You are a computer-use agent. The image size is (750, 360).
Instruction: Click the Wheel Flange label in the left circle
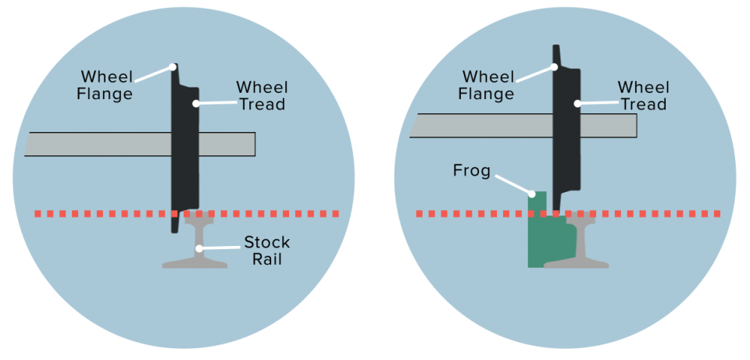(107, 85)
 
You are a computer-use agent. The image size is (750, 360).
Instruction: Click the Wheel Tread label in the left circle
(262, 94)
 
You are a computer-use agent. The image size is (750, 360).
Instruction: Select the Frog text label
(471, 170)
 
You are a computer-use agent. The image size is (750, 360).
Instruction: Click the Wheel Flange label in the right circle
(488, 85)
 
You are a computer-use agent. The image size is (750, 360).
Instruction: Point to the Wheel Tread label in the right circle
(642, 94)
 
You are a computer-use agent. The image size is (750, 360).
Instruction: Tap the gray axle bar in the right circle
(477, 126)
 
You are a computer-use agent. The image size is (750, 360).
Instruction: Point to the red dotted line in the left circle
(94, 213)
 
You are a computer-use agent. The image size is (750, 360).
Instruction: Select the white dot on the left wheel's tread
(196, 103)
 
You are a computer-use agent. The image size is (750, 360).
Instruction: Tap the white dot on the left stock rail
(201, 248)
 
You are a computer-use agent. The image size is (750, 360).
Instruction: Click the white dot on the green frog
(532, 193)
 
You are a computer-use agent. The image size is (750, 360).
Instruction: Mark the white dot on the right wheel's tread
(577, 102)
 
